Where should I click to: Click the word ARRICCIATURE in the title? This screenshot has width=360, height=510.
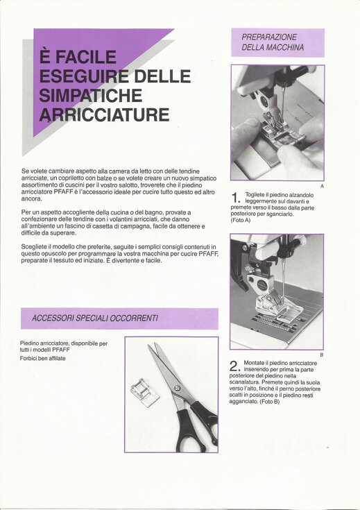click(104, 114)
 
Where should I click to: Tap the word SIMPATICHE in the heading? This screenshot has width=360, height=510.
click(91, 95)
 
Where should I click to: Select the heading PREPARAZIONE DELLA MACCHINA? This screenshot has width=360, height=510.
click(273, 42)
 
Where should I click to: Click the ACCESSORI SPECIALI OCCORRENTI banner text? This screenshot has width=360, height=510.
click(94, 318)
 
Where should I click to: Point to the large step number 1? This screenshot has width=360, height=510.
click(236, 198)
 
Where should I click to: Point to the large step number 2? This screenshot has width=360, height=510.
click(234, 366)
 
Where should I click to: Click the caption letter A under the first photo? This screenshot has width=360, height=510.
click(322, 186)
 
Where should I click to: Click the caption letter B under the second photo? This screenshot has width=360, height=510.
click(322, 355)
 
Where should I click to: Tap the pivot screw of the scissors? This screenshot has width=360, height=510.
click(178, 388)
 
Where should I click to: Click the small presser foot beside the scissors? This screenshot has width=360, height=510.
click(145, 393)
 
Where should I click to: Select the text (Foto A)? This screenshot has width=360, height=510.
click(241, 221)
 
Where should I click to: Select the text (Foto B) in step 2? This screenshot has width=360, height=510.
click(270, 402)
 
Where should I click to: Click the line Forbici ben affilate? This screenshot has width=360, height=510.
click(42, 359)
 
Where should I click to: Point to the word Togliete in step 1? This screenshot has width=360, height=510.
click(255, 195)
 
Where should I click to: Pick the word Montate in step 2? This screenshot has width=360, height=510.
click(254, 363)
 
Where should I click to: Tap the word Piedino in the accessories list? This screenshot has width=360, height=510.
click(29, 343)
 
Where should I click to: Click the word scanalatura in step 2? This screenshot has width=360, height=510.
click(244, 382)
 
